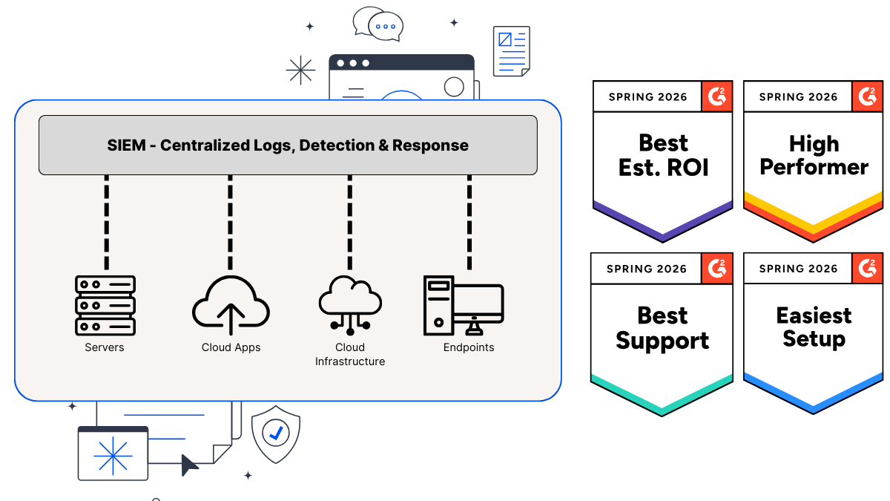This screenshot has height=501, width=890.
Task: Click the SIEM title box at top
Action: pos(288,145)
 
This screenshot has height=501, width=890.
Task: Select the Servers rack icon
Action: pos(105,305)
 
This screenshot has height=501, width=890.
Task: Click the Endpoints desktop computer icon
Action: pos(463,305)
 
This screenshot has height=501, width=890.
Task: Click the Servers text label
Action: pos(105,347)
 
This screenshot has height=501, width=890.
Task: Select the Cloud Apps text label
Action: pos(231,347)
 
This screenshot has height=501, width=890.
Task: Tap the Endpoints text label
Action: pos(469,347)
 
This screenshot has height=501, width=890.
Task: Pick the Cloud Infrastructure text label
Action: pos(350,355)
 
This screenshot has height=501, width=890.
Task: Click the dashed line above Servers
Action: pos(107,222)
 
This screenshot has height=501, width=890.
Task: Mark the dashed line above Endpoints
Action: pos(469,222)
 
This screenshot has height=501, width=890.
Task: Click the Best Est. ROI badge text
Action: pos(663,155)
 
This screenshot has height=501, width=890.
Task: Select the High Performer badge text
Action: pos(814,155)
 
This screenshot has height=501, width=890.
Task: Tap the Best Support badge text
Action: pos(662,327)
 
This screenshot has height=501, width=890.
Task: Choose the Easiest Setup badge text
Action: pos(814,327)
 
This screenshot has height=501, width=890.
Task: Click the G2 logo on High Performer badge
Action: pos(866,96)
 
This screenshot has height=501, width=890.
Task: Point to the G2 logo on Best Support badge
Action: pos(716,268)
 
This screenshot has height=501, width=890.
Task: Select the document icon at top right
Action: pos(512,51)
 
